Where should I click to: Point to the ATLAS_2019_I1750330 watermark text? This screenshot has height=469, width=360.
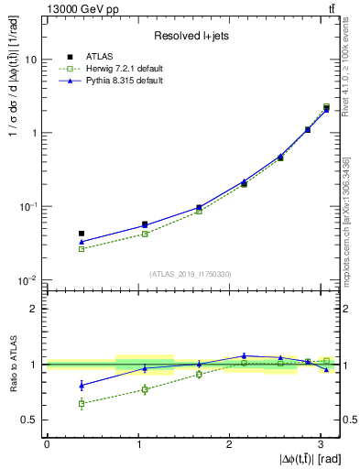coord(191,274)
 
